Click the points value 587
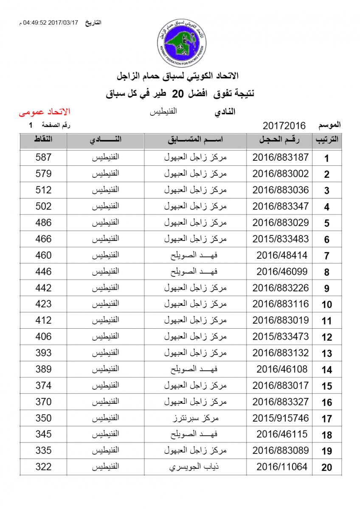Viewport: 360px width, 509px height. coord(43,157)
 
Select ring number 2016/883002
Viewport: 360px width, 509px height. coord(280,174)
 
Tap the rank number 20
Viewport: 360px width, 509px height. coord(326,468)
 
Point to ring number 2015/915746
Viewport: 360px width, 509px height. coord(280,418)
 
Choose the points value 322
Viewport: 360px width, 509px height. coord(43,467)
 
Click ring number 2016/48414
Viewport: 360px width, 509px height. coord(282,255)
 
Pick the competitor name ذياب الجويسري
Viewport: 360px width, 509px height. coord(195,467)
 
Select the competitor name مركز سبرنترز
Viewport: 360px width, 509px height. coord(195,418)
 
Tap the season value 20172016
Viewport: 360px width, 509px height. coord(284,126)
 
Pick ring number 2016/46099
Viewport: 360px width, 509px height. coord(282,271)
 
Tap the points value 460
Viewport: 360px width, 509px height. coord(43,255)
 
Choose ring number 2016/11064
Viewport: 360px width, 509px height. coord(282,467)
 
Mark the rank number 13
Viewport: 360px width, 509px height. coord(326,354)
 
